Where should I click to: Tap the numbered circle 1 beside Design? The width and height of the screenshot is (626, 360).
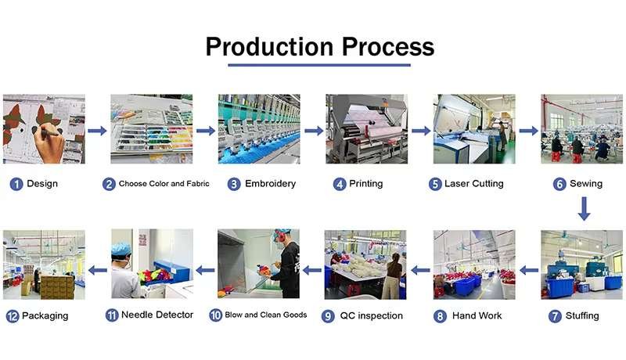click(x=16, y=184)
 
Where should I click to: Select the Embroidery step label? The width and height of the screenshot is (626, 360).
click(x=270, y=184)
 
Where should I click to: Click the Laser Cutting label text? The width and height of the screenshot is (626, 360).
click(x=473, y=184)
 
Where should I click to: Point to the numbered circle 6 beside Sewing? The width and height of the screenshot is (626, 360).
click(x=559, y=184)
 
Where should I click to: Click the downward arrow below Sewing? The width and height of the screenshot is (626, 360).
click(x=583, y=209)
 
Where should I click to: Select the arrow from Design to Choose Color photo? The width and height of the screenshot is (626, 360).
click(x=97, y=131)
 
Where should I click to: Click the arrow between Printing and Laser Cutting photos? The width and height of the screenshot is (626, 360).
click(x=421, y=131)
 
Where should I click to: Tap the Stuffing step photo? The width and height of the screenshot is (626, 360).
click(x=582, y=265)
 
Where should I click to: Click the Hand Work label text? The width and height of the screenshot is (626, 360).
click(x=472, y=316)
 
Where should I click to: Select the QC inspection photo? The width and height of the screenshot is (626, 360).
click(x=365, y=265)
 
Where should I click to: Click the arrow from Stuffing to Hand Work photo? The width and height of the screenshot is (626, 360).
click(x=528, y=270)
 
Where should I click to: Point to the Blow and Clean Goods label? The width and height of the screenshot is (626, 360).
click(x=265, y=315)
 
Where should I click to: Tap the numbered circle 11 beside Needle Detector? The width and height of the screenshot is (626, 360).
click(x=112, y=316)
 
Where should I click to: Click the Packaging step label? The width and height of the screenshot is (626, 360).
click(x=45, y=316)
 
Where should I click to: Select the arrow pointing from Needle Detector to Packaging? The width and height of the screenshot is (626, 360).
click(x=97, y=270)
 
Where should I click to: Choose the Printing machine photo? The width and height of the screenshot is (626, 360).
click(x=366, y=128)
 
